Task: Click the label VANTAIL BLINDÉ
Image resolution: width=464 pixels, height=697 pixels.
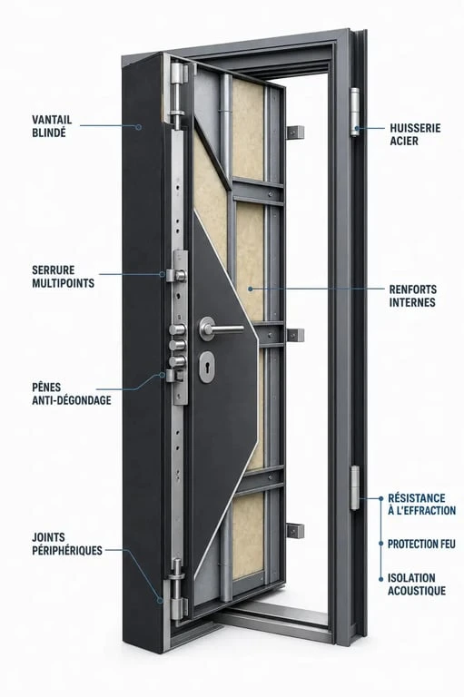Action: pyautogui.click(x=52, y=126)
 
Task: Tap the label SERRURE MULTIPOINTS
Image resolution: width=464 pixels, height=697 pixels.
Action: pyautogui.click(x=64, y=277)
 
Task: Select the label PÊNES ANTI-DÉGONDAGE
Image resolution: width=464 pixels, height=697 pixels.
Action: pyautogui.click(x=71, y=393)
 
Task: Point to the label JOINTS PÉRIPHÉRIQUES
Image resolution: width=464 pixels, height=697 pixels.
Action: pyautogui.click(x=66, y=544)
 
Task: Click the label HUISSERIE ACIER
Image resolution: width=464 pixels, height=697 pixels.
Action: pyautogui.click(x=415, y=134)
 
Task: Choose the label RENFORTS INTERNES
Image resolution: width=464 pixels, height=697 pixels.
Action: pyautogui.click(x=412, y=296)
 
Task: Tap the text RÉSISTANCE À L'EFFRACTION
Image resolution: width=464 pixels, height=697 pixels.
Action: pyautogui.click(x=421, y=504)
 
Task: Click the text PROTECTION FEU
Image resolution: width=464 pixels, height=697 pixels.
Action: pyautogui.click(x=421, y=544)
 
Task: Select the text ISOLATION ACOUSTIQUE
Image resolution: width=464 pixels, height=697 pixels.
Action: pyautogui.click(x=417, y=584)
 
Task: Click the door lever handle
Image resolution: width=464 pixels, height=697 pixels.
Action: pyautogui.click(x=221, y=329)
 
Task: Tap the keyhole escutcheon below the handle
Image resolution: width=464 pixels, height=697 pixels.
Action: pyautogui.click(x=206, y=368)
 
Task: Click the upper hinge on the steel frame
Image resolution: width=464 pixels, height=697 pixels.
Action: pyautogui.click(x=354, y=112)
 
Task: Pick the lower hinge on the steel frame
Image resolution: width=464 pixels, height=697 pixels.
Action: pyautogui.click(x=354, y=487)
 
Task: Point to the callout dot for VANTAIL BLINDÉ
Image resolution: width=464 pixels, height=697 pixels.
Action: pyautogui.click(x=138, y=127)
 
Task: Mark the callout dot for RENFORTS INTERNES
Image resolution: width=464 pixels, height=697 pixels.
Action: pyautogui.click(x=251, y=289)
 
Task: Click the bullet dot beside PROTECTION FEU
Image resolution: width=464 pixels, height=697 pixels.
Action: pyautogui.click(x=380, y=544)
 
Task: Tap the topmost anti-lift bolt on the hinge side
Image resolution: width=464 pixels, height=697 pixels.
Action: pyautogui.click(x=295, y=132)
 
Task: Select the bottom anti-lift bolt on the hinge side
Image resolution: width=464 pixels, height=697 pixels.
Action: pyautogui.click(x=295, y=531)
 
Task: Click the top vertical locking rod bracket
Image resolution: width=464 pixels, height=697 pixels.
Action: pyautogui.click(x=177, y=95)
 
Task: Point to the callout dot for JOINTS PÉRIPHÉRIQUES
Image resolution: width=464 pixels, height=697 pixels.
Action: pyautogui.click(x=160, y=600)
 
